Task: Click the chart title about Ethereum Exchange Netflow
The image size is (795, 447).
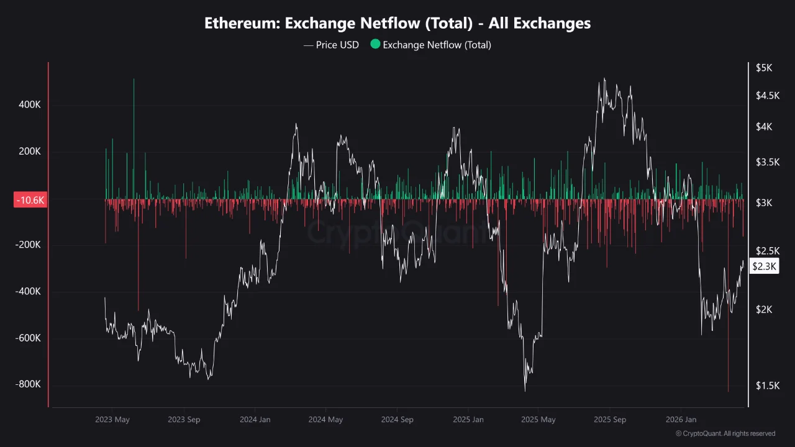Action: pos(397,24)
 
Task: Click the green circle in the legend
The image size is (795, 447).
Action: pos(375,44)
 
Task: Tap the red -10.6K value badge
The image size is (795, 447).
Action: pos(29,200)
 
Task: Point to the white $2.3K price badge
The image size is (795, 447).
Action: pos(763,266)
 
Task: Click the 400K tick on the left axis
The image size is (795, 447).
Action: pos(29,105)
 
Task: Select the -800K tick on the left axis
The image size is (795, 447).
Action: pos(28,384)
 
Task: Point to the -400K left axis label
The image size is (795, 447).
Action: pos(28,291)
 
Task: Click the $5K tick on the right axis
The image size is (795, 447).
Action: pos(763,68)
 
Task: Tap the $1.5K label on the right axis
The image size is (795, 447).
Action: pos(766,386)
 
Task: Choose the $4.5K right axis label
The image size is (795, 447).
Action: pos(766,95)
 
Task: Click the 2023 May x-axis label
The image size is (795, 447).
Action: pos(112,420)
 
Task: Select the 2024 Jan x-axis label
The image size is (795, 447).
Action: pos(255,420)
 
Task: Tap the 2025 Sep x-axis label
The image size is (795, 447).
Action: pos(609,420)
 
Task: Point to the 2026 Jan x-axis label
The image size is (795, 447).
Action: pos(681,420)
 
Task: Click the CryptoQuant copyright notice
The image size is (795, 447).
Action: pos(725,433)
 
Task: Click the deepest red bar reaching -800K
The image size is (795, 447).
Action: pos(728,388)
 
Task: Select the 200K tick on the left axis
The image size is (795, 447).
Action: pos(29,151)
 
